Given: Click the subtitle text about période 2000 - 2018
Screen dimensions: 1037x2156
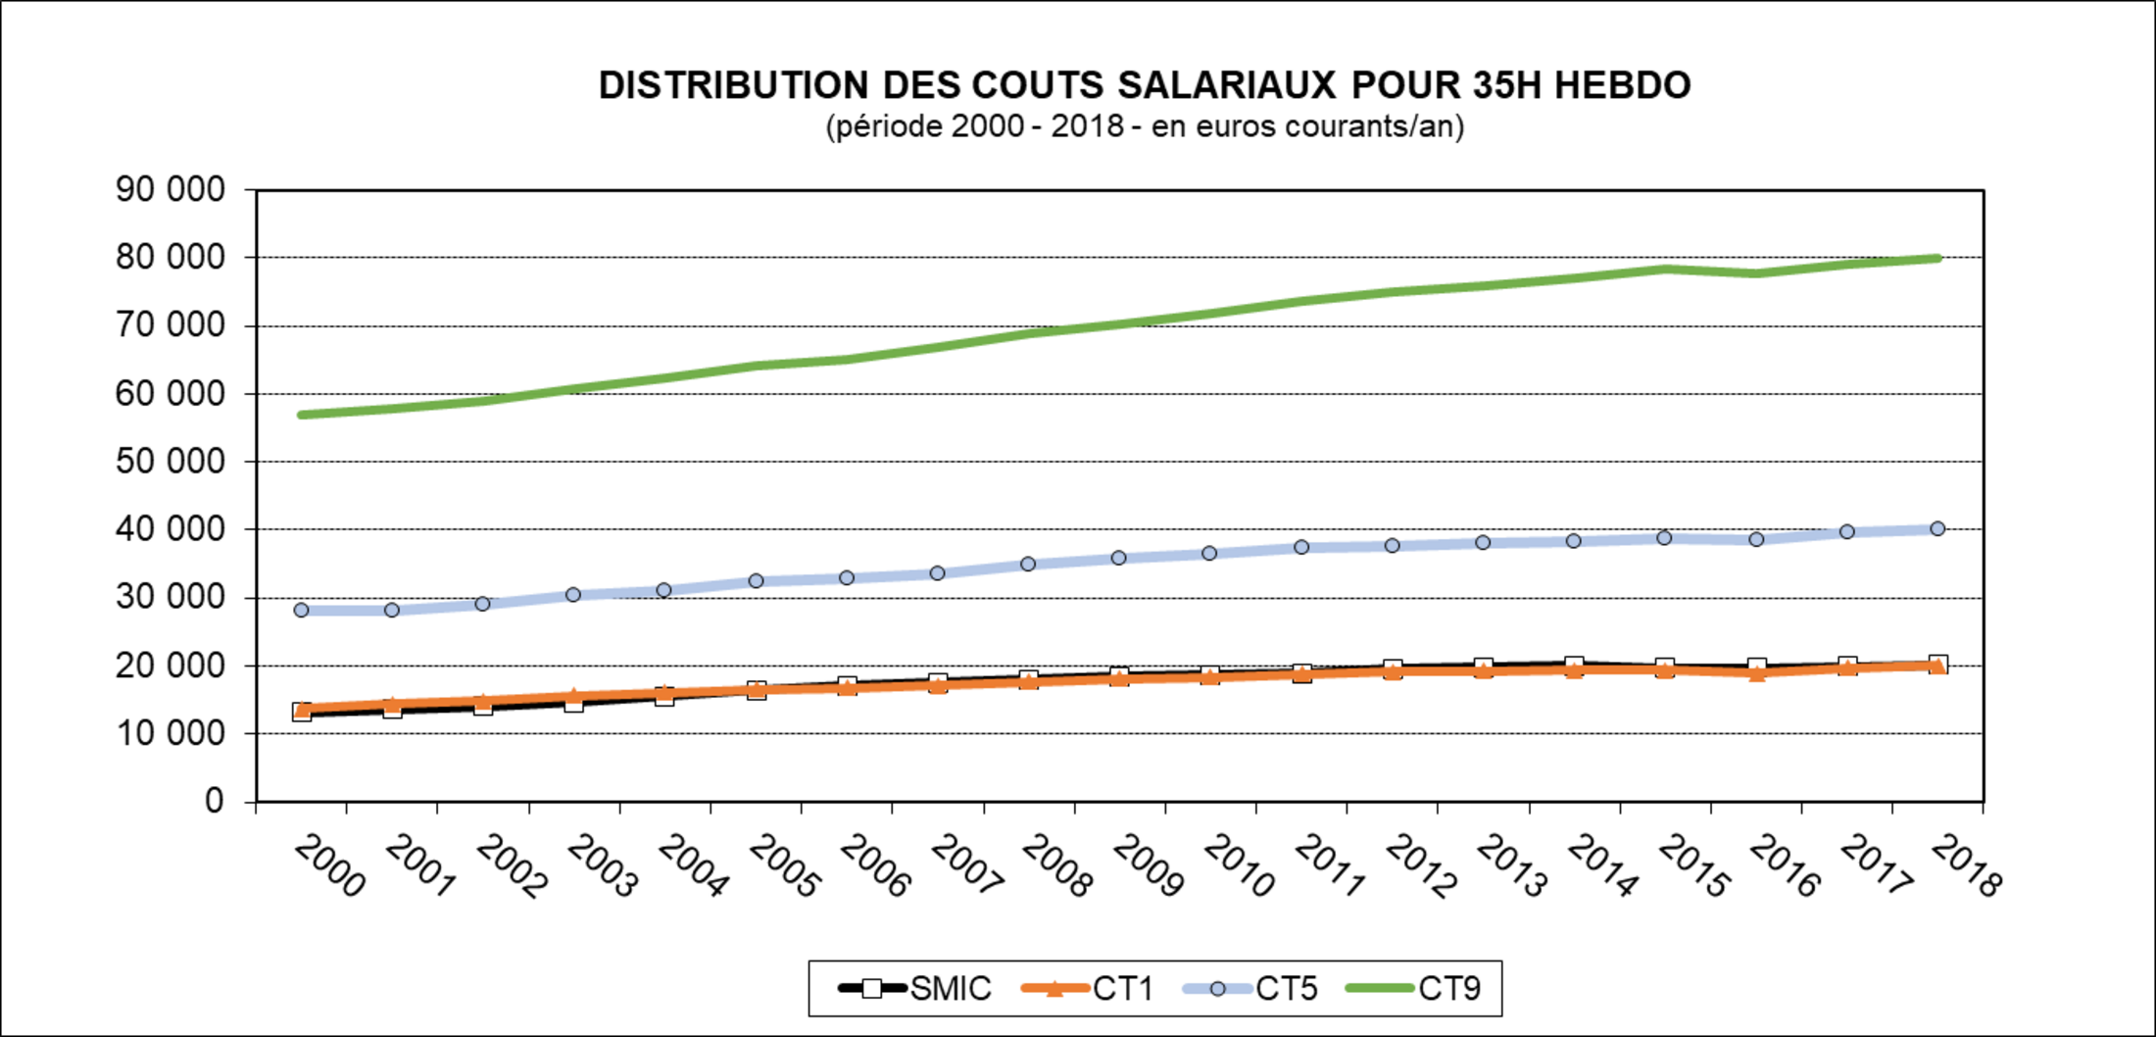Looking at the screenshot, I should pyautogui.click(x=1145, y=127).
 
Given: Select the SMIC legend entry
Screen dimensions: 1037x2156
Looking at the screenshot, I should pyautogui.click(x=915, y=988).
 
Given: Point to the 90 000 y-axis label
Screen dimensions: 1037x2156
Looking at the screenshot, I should pyautogui.click(x=171, y=189).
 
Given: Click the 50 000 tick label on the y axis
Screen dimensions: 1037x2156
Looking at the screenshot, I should pyautogui.click(x=171, y=461).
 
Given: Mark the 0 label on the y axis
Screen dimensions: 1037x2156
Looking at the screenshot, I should pyautogui.click(x=215, y=801).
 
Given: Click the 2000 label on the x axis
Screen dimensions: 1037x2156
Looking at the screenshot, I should pyautogui.click(x=329, y=865).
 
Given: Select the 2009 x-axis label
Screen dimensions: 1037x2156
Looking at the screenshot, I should pyautogui.click(x=1148, y=865).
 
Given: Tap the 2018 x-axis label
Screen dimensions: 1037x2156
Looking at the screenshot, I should pyautogui.click(x=1965, y=865).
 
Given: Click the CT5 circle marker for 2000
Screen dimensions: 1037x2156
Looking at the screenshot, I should pyautogui.click(x=301, y=610).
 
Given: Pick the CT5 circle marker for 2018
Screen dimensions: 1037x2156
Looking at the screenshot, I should pyautogui.click(x=1937, y=529).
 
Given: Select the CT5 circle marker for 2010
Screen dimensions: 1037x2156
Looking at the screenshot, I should pyautogui.click(x=1209, y=554).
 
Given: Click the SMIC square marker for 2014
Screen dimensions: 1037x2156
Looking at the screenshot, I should pyautogui.click(x=1574, y=666).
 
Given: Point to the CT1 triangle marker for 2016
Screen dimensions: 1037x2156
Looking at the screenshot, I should pyautogui.click(x=1756, y=672).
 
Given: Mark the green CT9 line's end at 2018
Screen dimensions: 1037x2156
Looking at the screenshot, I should pyautogui.click(x=1937, y=259).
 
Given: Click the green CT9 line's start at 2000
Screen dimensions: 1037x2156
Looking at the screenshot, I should pyautogui.click(x=301, y=415).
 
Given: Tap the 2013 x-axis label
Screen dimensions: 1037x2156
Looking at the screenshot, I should pyautogui.click(x=1511, y=865).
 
